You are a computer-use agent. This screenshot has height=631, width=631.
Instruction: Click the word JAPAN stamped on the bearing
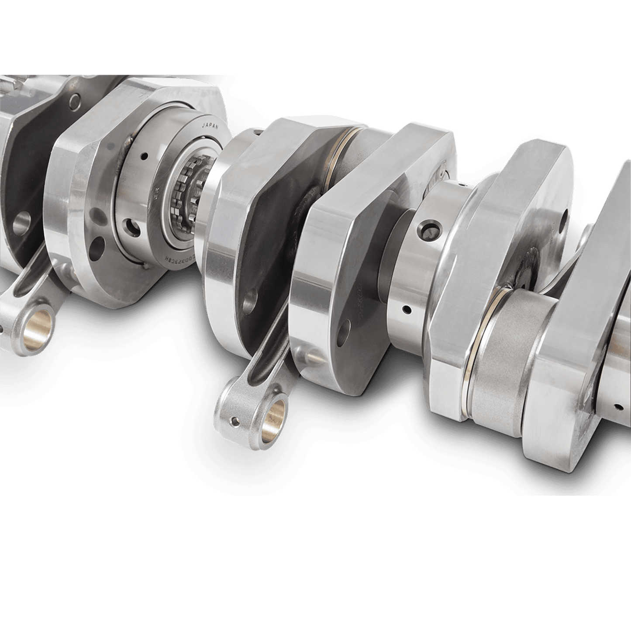click(x=210, y=127)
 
